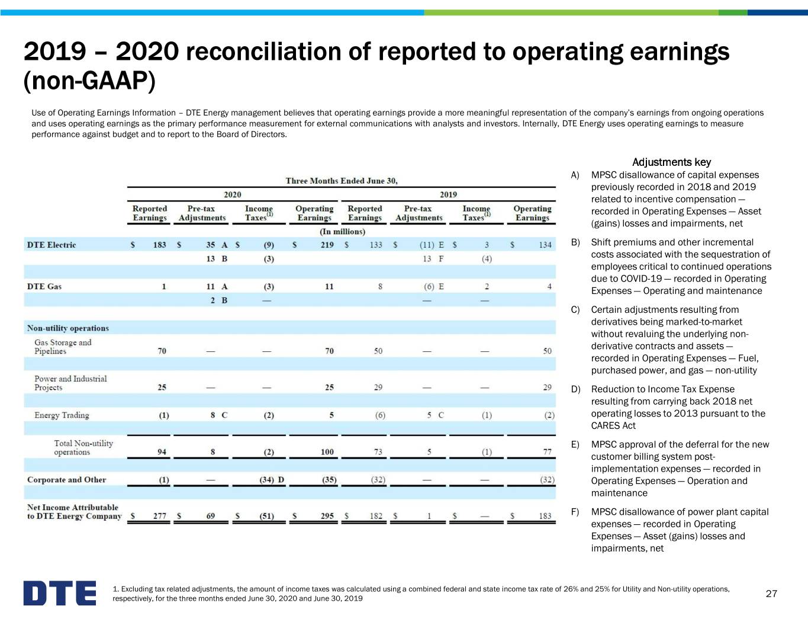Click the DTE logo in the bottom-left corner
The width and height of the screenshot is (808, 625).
point(60,592)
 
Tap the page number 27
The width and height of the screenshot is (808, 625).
point(771,594)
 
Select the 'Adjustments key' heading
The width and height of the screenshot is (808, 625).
point(671,162)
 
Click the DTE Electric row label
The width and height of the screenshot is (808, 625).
point(51,245)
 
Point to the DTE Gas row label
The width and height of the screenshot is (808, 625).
point(44,287)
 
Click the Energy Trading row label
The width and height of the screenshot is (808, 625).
point(62,415)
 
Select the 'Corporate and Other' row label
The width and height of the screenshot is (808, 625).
point(66,479)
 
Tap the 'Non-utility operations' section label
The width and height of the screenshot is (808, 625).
point(68,328)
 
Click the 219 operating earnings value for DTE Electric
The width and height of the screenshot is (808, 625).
point(327,245)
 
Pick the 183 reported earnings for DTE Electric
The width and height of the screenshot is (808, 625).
point(159,245)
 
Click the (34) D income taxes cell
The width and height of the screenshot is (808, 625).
point(272,480)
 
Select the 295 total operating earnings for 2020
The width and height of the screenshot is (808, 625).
point(327,516)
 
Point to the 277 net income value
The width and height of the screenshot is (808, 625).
point(160,516)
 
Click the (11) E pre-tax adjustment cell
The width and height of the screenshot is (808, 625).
point(432,245)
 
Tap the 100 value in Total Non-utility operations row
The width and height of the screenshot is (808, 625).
point(327,452)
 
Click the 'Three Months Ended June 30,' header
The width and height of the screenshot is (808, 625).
point(342,181)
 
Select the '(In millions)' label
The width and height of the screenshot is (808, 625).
point(343,232)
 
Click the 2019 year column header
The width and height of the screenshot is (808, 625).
point(449,194)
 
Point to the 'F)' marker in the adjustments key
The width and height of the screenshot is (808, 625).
point(575,512)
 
